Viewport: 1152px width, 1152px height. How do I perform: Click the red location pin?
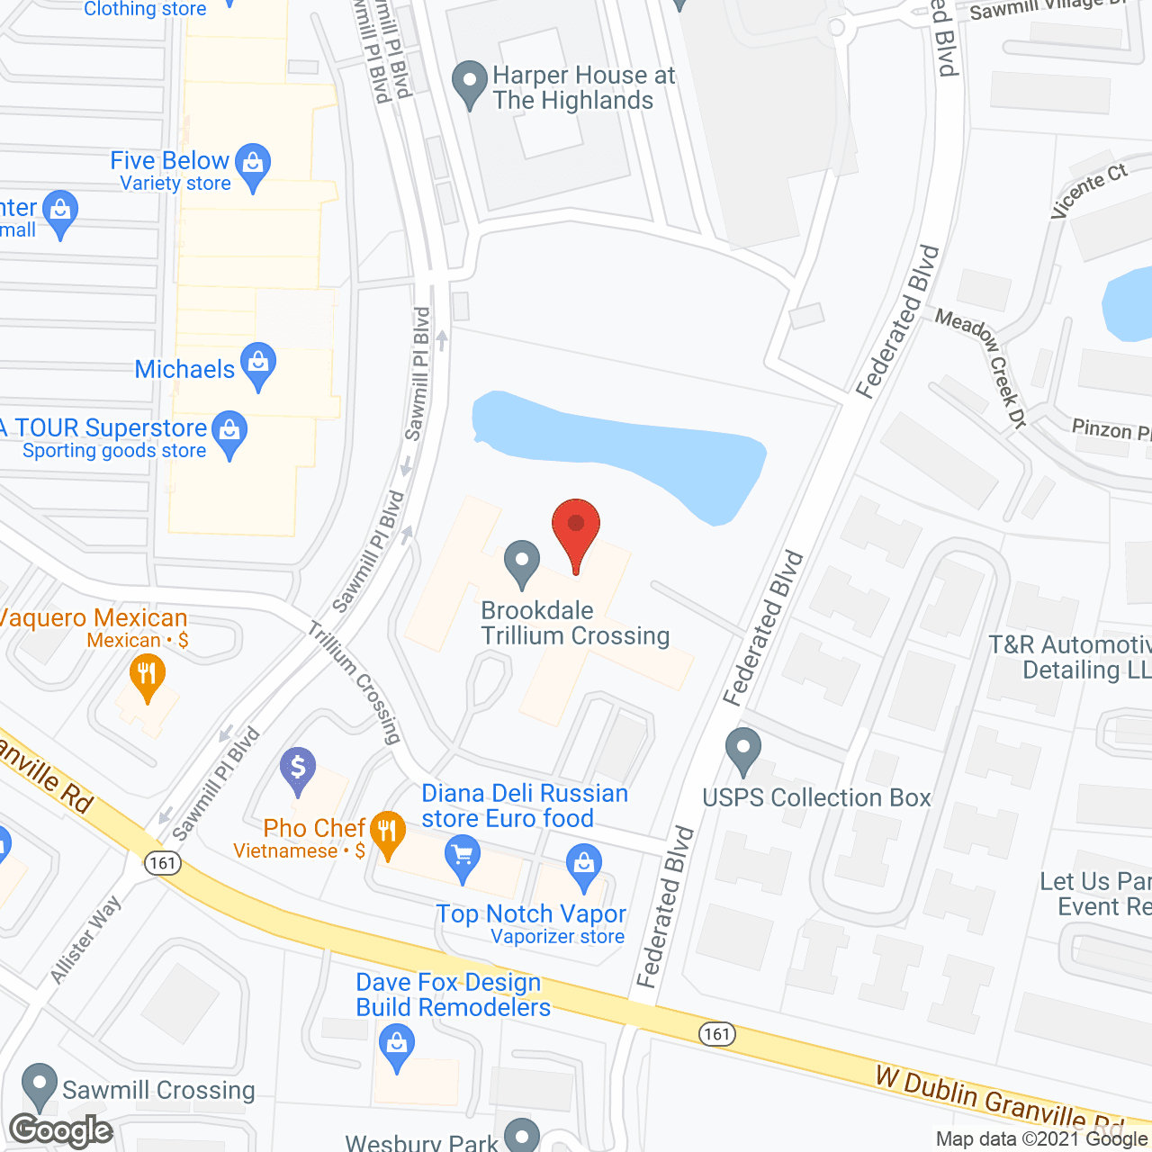pyautogui.click(x=576, y=531)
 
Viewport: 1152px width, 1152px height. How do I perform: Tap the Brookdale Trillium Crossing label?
pyautogui.click(x=575, y=623)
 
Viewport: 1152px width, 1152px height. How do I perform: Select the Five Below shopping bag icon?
pyautogui.click(x=253, y=165)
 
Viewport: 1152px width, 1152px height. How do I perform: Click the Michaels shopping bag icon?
pyautogui.click(x=258, y=364)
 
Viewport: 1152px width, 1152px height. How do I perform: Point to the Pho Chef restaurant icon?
pyautogui.click(x=387, y=832)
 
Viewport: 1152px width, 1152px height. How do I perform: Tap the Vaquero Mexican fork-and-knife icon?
pyautogui.click(x=147, y=675)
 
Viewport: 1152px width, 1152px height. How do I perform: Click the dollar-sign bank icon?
pyautogui.click(x=297, y=770)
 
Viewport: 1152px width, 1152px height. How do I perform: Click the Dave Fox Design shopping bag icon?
pyautogui.click(x=396, y=1047)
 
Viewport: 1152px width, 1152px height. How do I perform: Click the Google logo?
pyautogui.click(x=61, y=1130)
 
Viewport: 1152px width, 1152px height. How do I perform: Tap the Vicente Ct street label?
pyautogui.click(x=1088, y=190)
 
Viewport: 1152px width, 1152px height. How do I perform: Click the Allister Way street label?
pyautogui.click(x=85, y=940)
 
